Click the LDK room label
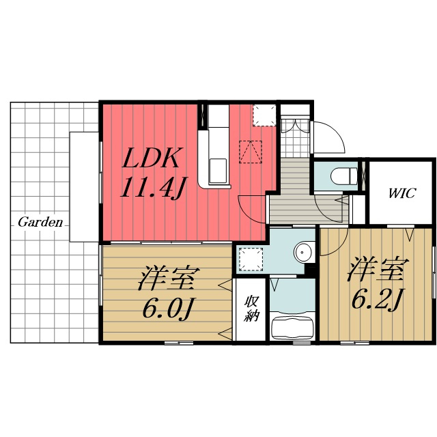click(151, 158)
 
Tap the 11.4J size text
click(154, 188)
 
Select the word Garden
click(40, 223)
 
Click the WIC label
click(402, 193)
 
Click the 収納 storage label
click(251, 308)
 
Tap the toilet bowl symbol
click(344, 176)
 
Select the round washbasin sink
click(303, 252)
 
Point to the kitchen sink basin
click(218, 171)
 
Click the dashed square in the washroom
click(251, 259)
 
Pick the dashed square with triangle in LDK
click(251, 152)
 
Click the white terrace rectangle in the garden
click(84, 186)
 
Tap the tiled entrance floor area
click(295, 138)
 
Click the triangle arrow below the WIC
click(410, 235)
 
